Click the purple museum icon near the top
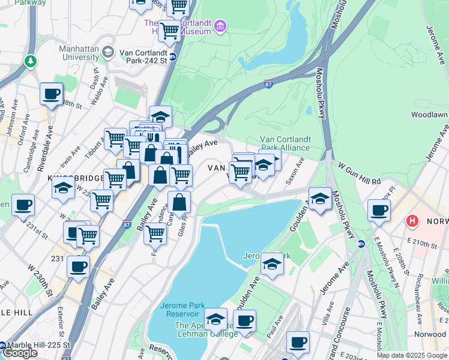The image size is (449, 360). [220, 26]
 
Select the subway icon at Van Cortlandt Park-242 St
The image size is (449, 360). [173, 57]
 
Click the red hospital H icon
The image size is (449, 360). [412, 221]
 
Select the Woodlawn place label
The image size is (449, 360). [429, 114]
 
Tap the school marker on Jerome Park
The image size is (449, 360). [271, 265]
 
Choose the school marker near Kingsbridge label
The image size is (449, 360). [63, 188]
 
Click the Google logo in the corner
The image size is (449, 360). [20, 353]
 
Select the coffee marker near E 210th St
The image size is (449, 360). [379, 211]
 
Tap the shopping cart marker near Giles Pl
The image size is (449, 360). [155, 233]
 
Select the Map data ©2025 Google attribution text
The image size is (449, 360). [412, 355]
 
